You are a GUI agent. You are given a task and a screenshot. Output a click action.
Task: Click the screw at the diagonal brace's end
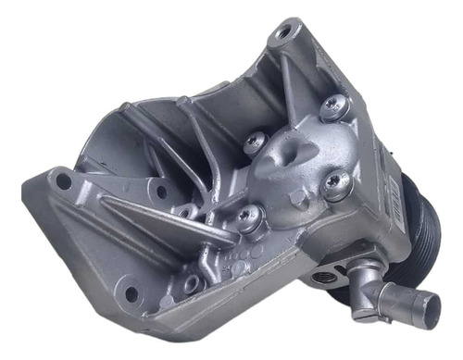248,218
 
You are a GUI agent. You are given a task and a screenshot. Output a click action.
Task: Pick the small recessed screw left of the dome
256,142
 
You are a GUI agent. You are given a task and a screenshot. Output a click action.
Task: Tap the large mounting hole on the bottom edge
131,295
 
